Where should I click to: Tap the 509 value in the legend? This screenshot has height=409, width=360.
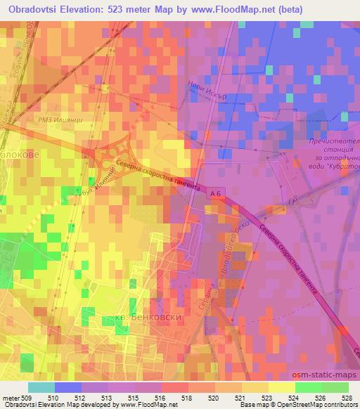[27, 397]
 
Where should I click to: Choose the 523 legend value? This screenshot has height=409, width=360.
[265, 397]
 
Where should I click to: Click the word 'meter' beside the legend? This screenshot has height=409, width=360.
[10, 397]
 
